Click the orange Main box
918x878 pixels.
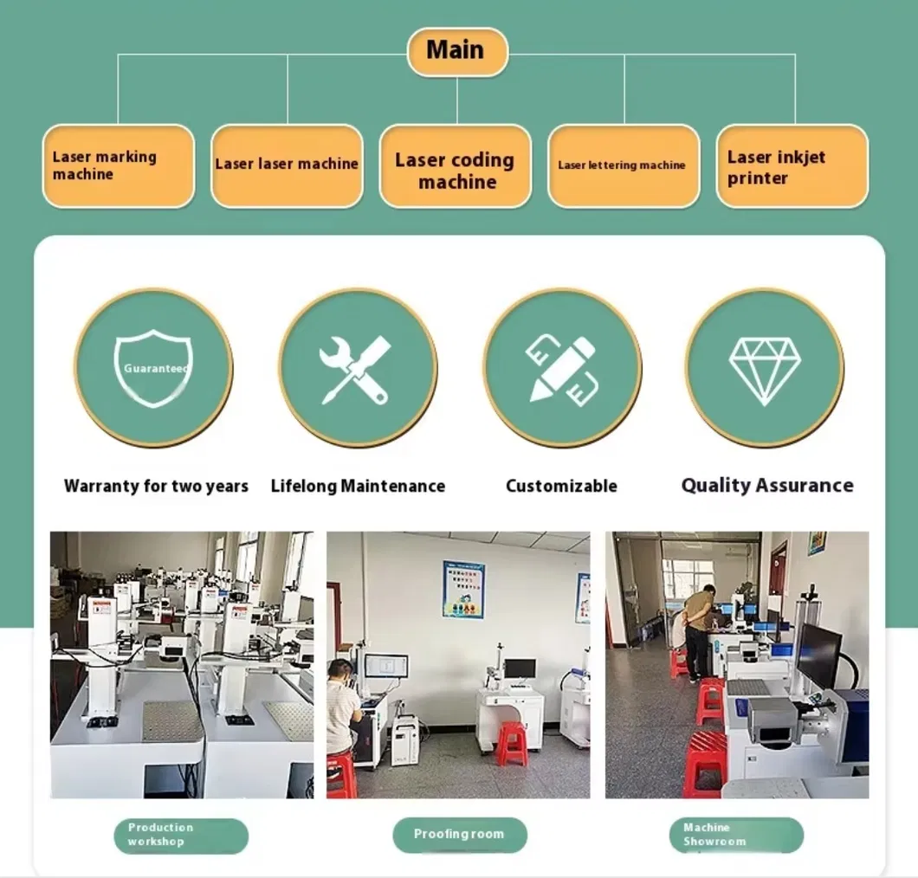[x=457, y=51]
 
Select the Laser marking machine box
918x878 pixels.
[x=119, y=165]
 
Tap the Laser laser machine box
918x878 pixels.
[x=287, y=165]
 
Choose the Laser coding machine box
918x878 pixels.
[x=456, y=165]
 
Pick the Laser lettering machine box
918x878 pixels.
[x=624, y=165]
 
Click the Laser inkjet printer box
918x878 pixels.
[x=792, y=165]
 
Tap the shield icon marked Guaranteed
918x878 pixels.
[x=153, y=368]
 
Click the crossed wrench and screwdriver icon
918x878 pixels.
[x=355, y=370]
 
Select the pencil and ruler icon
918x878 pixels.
[x=562, y=370]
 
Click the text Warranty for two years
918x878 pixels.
[x=156, y=486]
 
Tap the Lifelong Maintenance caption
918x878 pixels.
[x=358, y=486]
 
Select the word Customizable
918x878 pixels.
[x=561, y=486]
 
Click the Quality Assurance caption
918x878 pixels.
[x=767, y=485]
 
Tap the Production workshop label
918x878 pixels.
[x=181, y=836]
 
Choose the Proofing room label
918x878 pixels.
[x=460, y=834]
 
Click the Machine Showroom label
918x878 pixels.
[x=736, y=835]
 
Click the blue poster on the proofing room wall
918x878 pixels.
[x=463, y=589]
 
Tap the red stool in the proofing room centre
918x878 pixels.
[x=513, y=744]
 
